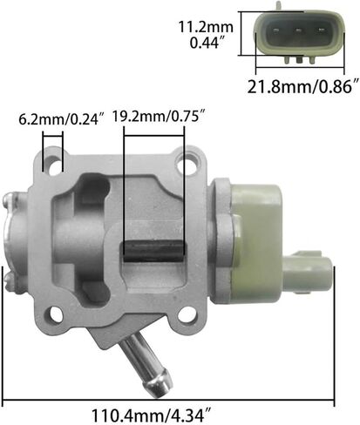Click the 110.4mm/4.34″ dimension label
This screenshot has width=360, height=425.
click(151, 415)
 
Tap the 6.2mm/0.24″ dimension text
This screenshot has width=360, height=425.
click(61, 119)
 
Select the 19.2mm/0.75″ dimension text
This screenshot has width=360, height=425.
click(160, 117)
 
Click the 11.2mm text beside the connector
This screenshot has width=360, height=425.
click(206, 27)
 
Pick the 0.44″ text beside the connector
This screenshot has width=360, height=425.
click(208, 44)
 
